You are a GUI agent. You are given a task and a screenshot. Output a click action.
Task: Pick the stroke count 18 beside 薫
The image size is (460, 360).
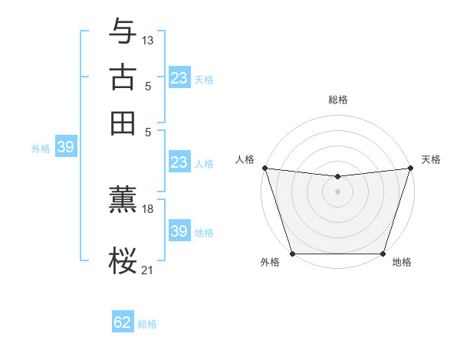pos(148,208)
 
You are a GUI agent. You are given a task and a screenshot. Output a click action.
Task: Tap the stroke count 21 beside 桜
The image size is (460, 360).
pos(148,269)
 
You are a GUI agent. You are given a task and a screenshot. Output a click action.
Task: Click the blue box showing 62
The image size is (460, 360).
pos(123,322)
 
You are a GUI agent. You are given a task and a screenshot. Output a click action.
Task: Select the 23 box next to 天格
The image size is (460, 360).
pos(179,78)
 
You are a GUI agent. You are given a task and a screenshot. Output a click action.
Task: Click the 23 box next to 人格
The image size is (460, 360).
pos(179,162)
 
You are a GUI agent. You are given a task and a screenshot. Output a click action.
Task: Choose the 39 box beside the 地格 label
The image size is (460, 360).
pos(179,231)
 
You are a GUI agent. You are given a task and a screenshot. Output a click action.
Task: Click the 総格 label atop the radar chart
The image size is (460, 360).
pos(338,100)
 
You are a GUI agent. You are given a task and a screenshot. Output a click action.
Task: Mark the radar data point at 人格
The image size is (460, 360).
pos(264,168)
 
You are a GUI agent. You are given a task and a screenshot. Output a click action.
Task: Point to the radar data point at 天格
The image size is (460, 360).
pos(410,168)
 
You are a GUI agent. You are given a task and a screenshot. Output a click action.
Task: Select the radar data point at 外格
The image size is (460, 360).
pos(293,254)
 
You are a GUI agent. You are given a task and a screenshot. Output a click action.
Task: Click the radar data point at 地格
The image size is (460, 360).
pos(383,254)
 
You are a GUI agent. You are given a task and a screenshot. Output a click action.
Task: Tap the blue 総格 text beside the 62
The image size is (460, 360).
pos(147,324)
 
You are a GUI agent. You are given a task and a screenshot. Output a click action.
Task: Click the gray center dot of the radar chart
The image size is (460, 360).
pos(337,191)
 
